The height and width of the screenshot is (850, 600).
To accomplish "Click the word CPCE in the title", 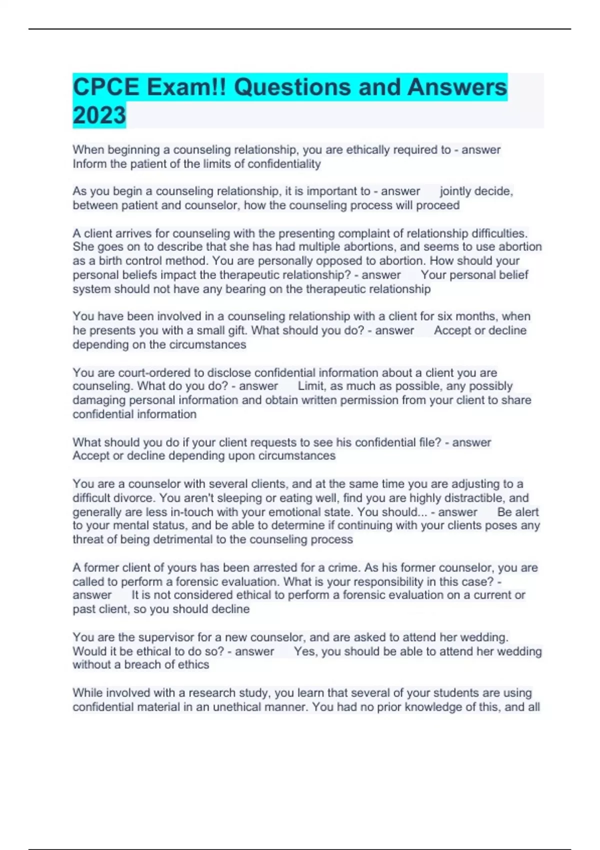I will pyautogui.click(x=106, y=87).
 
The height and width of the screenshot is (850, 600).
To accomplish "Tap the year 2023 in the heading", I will pyautogui.click(x=99, y=115).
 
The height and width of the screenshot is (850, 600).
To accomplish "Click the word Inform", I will pyautogui.click(x=89, y=164).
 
